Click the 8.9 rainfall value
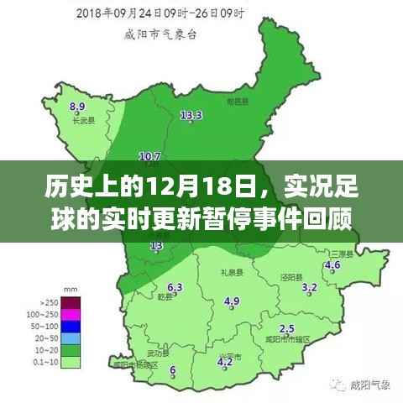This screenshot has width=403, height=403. [x=78, y=107]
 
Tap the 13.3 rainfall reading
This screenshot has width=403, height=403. [x=191, y=115]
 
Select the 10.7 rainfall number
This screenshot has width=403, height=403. [x=149, y=156]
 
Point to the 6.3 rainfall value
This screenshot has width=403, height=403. [x=175, y=286]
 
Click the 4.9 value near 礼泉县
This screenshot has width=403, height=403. [x=232, y=301]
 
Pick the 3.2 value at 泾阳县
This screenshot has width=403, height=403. [x=309, y=288]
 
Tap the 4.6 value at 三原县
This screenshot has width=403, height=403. [x=332, y=265]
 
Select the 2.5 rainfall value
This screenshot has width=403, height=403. [x=287, y=328]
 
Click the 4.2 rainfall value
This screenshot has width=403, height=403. [x=225, y=362]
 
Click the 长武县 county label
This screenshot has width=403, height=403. [x=81, y=121]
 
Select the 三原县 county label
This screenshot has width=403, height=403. [x=340, y=253]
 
